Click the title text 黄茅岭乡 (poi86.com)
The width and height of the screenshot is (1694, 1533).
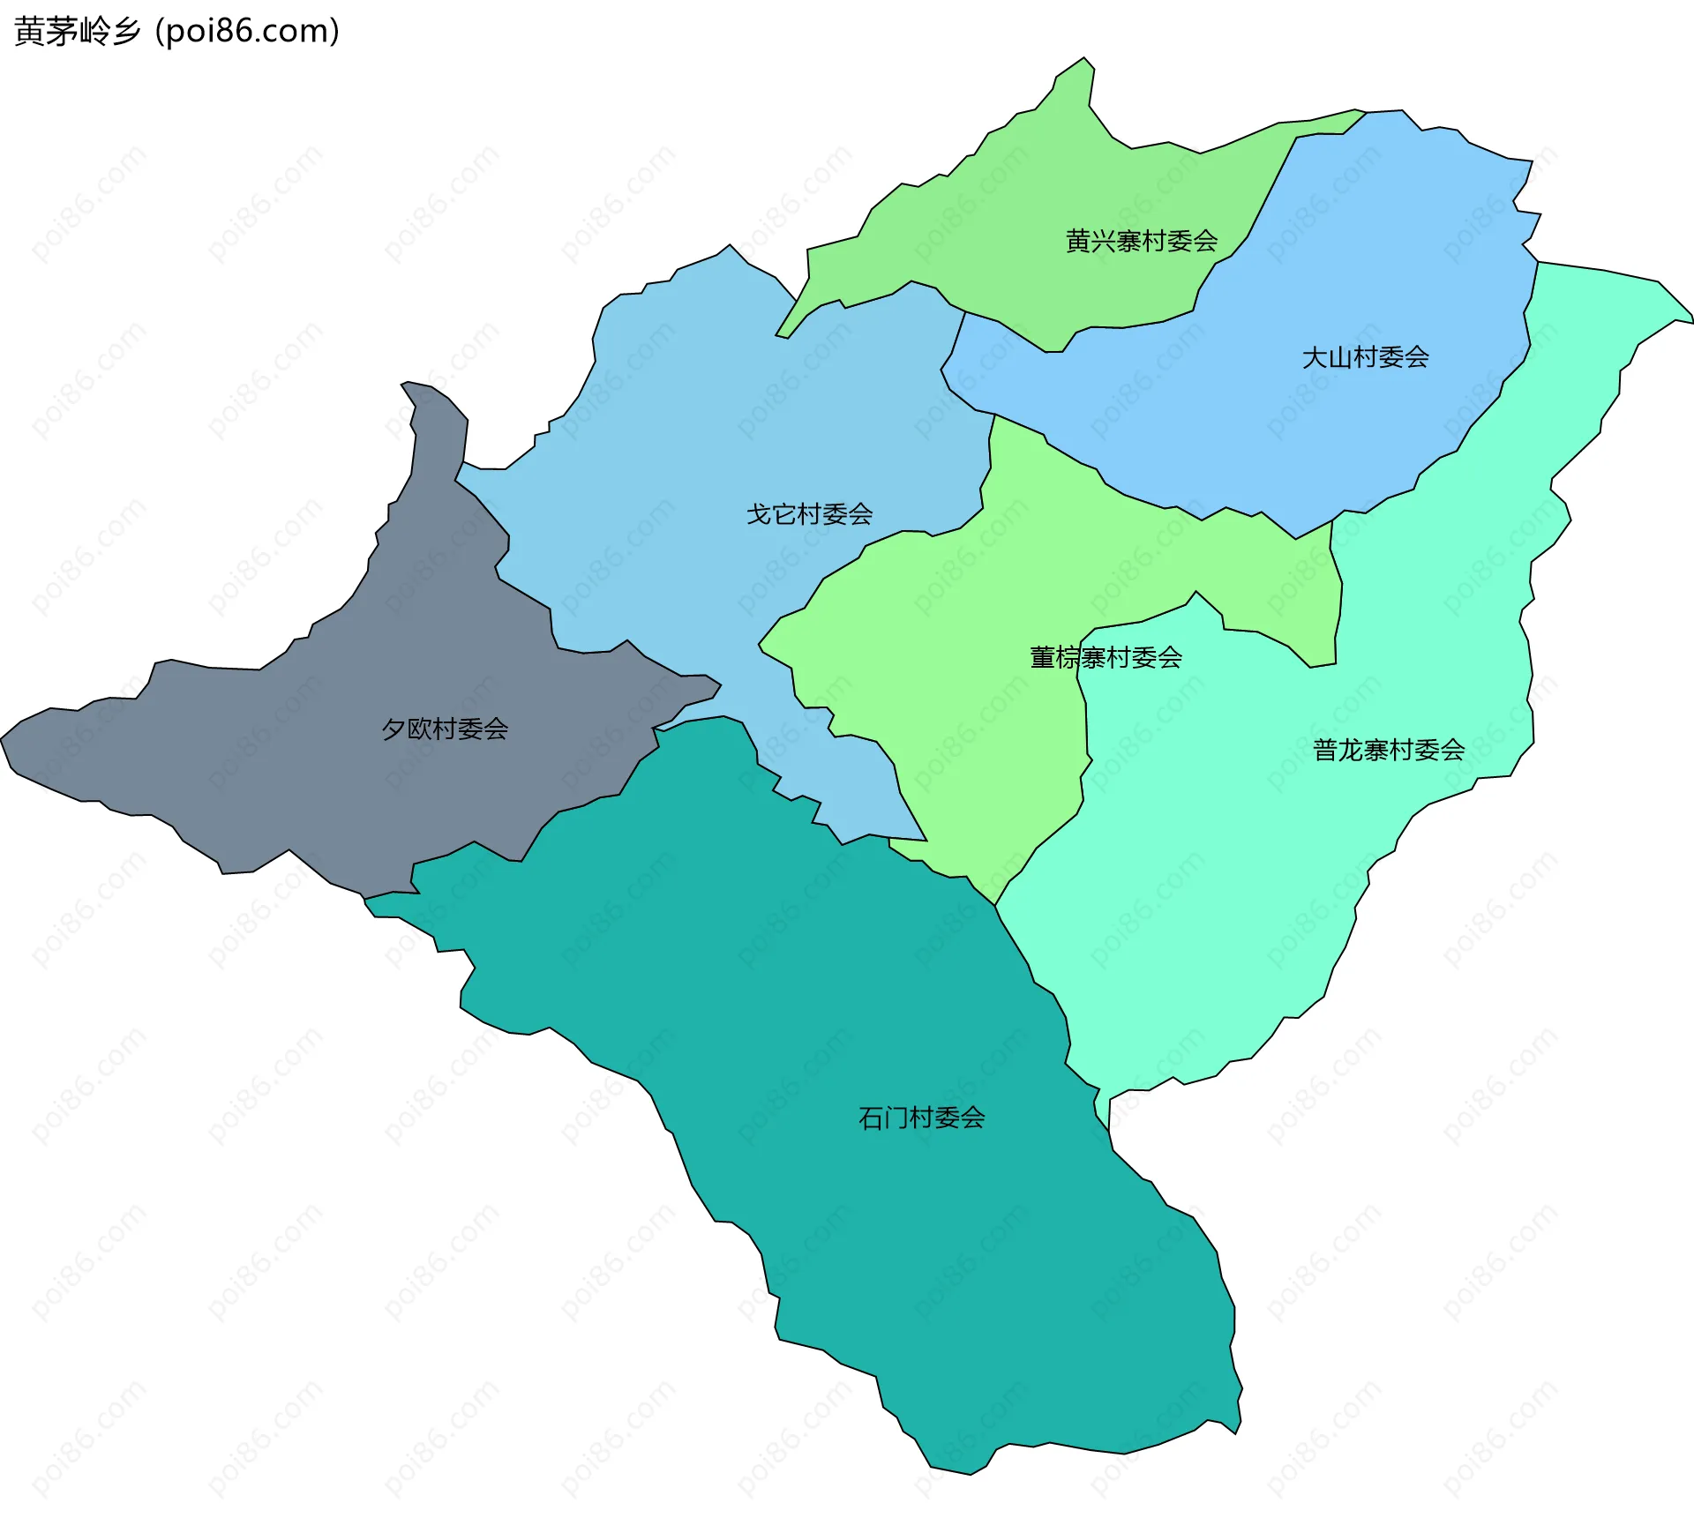(176, 31)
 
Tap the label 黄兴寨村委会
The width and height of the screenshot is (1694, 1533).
(1141, 240)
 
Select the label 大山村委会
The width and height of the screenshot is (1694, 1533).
(1365, 356)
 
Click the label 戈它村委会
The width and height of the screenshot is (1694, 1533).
(809, 513)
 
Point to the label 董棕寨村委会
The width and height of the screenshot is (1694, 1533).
(1106, 657)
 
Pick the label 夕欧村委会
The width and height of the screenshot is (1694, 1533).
(445, 729)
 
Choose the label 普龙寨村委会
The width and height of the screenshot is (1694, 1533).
(1389, 750)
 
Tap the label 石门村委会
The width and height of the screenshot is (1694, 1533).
(921, 1118)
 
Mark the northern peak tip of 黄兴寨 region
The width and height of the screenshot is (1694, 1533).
(1085, 60)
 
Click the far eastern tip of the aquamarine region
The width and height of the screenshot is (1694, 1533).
(1690, 319)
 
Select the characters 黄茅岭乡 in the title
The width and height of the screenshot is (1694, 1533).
(78, 31)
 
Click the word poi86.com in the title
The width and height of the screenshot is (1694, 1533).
(248, 31)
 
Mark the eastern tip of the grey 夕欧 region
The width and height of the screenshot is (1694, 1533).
(719, 685)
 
